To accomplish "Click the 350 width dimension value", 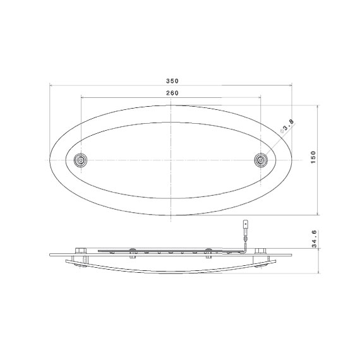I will point(172,81).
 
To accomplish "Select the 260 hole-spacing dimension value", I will point(172,93).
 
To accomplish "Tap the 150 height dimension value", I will point(313,158).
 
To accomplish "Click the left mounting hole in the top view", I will point(80,160).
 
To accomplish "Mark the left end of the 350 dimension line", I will point(50,85).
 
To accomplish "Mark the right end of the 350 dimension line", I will point(293,85).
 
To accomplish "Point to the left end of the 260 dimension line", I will point(81,98).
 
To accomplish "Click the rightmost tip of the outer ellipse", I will point(293,160).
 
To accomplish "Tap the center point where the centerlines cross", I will point(171,160).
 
